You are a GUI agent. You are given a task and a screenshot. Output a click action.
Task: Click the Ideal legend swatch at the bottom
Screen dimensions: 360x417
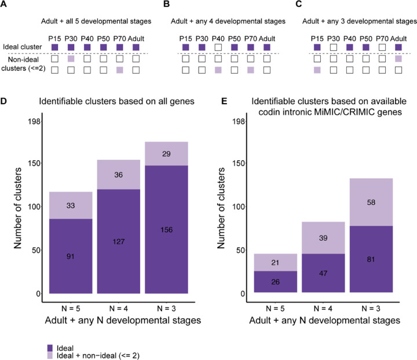click(50, 332)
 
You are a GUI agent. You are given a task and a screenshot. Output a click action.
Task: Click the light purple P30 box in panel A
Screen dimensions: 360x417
click(71, 58)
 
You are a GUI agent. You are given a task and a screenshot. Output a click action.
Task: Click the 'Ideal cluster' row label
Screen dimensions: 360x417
click(20, 47)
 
